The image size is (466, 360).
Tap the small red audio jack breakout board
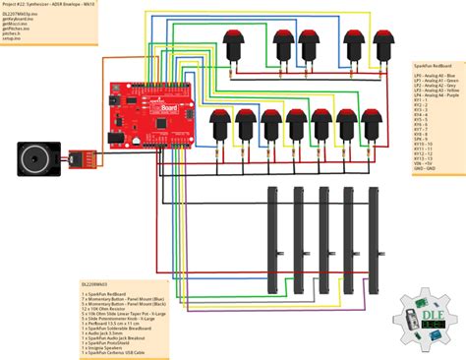79,156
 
